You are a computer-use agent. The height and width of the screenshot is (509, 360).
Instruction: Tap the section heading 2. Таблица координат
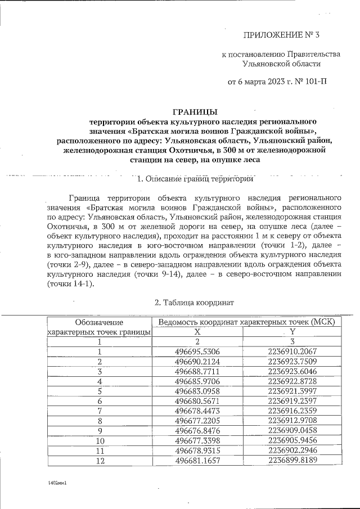[194, 302]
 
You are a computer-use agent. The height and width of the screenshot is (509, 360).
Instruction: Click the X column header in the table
[197, 332]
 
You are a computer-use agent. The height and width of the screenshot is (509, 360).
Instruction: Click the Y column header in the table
[292, 332]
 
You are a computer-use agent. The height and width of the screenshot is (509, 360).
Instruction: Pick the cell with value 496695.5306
[197, 352]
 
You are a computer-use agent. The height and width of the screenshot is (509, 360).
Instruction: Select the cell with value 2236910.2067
[292, 352]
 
